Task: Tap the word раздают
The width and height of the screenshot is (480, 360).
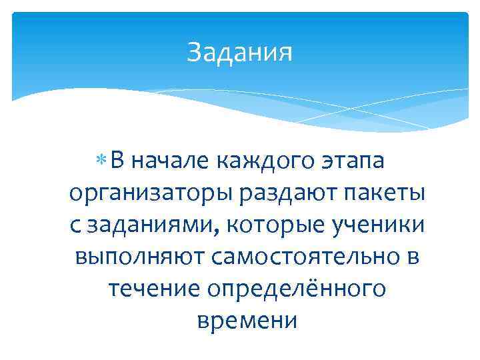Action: [287, 194]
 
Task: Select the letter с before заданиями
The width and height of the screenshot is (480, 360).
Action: [74, 227]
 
